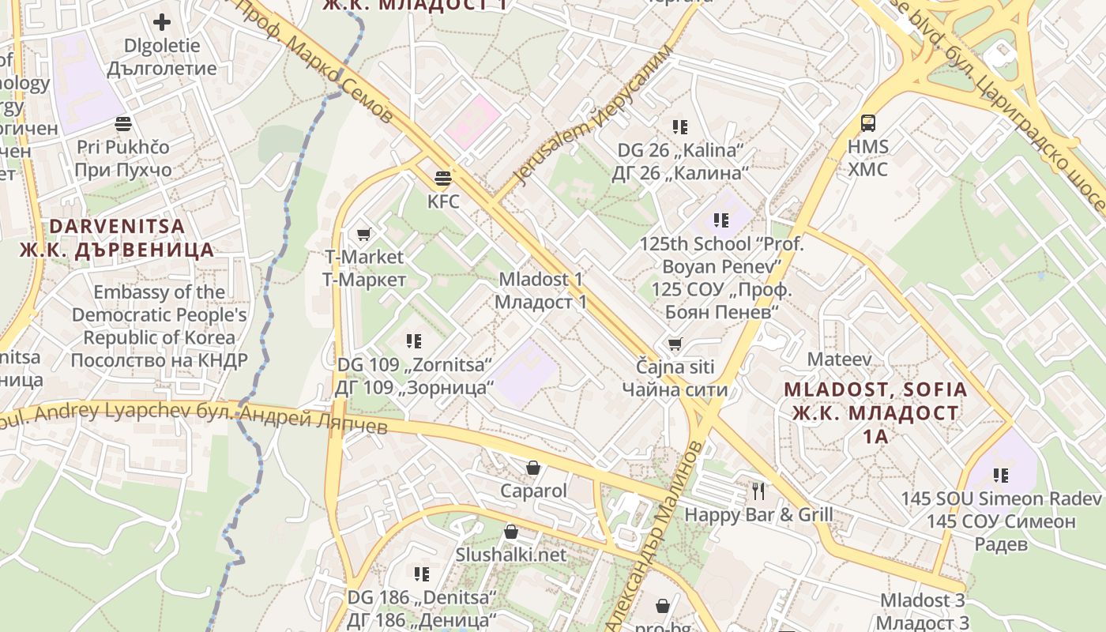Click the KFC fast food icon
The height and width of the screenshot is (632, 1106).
click(x=443, y=178)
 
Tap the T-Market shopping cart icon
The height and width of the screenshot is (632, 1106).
click(x=364, y=234)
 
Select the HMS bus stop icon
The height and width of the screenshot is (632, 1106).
click(x=868, y=123)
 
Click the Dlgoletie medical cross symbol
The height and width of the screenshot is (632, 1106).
click(x=162, y=22)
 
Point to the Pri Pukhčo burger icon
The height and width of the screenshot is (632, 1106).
click(x=122, y=123)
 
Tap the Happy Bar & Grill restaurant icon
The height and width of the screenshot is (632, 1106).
click(x=758, y=491)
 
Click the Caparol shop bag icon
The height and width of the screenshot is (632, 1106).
click(x=533, y=468)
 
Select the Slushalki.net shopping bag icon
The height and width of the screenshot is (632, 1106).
click(x=511, y=532)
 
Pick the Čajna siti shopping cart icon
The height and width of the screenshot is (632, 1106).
click(x=675, y=344)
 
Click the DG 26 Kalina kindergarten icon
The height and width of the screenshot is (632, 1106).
click(x=679, y=126)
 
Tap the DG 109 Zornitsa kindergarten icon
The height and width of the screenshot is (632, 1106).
click(x=414, y=341)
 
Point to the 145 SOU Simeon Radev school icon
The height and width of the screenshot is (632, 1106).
click(x=1001, y=476)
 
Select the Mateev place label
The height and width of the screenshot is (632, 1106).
click(x=839, y=359)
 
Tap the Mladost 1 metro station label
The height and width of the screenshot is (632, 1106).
click(x=541, y=290)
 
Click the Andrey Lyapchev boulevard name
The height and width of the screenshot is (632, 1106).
click(x=197, y=416)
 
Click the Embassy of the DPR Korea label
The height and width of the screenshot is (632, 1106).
click(x=160, y=325)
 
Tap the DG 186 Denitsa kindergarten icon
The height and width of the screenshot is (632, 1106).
click(x=422, y=574)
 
